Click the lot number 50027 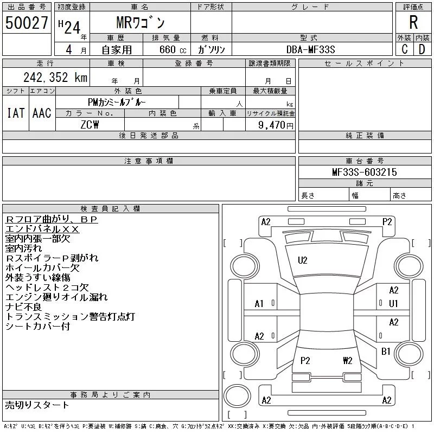click(27, 23)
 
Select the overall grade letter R click(413, 22)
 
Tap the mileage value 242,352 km click(55, 77)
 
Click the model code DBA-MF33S click(310, 49)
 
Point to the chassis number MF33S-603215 click(364, 172)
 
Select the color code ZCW click(90, 125)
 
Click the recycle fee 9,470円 click(276, 125)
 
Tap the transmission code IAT click(16, 113)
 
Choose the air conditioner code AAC click(42, 113)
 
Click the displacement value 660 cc click(173, 49)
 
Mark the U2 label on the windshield click(303, 260)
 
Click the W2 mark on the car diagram click(348, 360)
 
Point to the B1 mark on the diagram click(386, 351)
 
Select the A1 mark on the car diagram click(259, 304)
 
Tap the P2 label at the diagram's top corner click(387, 222)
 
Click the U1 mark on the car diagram click(393, 304)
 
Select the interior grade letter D click(422, 49)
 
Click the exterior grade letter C click(405, 49)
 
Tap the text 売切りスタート click(37, 405)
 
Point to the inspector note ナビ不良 click(23, 307)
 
